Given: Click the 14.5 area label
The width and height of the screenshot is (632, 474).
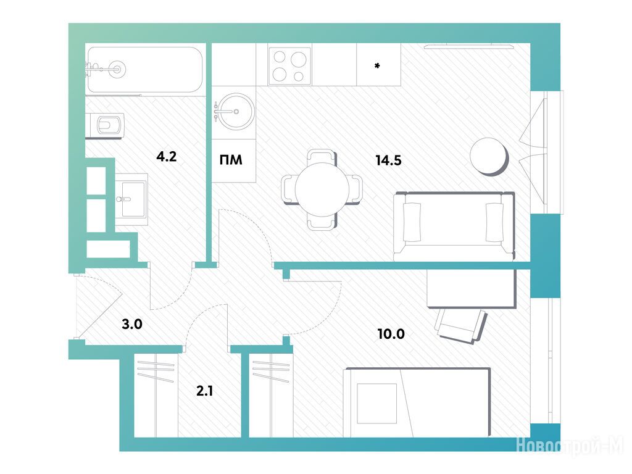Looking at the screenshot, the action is coord(389,160).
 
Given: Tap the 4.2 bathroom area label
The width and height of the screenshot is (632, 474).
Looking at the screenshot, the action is coord(167,156).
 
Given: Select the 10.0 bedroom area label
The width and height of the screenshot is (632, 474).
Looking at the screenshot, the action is coord(391,334).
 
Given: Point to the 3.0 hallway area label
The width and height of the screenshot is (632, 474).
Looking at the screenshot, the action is coord(132,323).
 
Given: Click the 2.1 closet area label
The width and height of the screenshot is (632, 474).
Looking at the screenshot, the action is coord(205,390).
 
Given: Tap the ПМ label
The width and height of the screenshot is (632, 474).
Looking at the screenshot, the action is coord(231,160).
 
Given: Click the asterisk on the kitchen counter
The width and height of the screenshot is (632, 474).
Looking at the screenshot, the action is coord(377,65).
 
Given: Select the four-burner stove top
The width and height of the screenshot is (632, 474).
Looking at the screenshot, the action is coord(290,65).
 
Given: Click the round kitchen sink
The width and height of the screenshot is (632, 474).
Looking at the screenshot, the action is coord(234,112).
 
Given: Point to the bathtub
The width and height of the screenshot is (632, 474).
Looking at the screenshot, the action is coord(144,70).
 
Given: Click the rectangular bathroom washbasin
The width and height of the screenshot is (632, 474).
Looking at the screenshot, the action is coord(131,198).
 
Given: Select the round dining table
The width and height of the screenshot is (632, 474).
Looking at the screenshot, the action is coord(322,189).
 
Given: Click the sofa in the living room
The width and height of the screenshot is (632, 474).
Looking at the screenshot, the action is coord(454,226).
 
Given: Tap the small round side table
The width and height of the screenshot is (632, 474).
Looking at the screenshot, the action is coord(489,156).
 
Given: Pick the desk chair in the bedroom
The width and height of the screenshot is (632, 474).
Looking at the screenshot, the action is coord(461,325).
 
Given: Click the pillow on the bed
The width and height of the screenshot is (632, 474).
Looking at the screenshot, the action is coord(377,403).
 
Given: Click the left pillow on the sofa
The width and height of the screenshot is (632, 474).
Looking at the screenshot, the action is coord(412,222).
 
